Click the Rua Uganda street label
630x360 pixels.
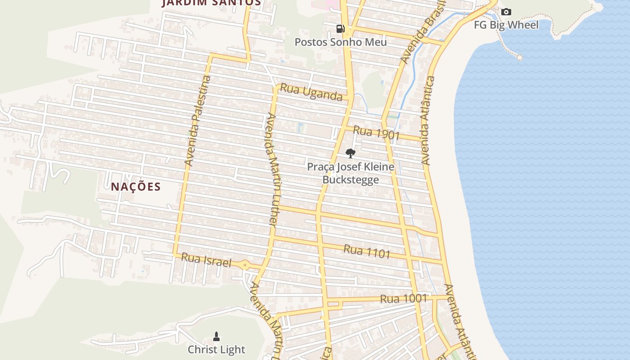pos(311,92)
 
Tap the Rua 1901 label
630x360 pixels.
pos(376,133)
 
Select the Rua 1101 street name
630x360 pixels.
pos(367,252)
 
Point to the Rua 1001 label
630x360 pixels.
pos(403,299)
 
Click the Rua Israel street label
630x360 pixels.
pos(206,260)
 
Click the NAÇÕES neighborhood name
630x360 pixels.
pos(136,187)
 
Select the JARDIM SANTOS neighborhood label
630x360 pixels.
pos(211,3)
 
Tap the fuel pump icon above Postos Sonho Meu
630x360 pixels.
pos(341,29)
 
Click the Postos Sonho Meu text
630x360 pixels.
pos(341,42)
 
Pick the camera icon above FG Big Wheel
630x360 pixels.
pos(506,12)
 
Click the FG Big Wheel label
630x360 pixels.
pos(506,25)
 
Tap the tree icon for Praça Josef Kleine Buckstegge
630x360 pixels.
pos(351,153)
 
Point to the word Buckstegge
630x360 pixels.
pos(351,180)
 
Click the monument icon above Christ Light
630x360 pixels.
pos(216,336)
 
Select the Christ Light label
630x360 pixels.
pos(216,350)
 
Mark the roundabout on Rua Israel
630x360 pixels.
pos(245,265)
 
